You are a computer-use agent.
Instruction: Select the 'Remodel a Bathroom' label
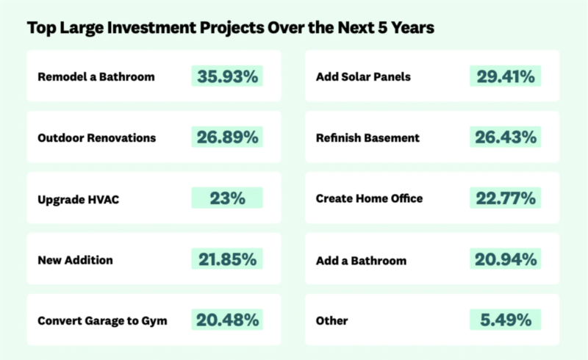point(96,76)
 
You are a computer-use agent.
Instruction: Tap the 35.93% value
point(226,76)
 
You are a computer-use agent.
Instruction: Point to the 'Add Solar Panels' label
point(363,76)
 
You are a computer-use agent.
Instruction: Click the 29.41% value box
point(504,76)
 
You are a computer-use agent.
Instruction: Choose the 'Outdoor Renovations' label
point(96,137)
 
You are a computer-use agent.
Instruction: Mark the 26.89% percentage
point(226,137)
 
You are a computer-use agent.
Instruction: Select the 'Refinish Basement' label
point(367,137)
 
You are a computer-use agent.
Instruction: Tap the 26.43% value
point(504,137)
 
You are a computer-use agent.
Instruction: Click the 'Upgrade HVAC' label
point(77,198)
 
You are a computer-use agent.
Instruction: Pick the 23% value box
point(226,198)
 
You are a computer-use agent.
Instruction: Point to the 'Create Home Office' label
point(369,198)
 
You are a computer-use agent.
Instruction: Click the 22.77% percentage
point(504,198)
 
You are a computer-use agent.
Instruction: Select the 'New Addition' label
point(76,259)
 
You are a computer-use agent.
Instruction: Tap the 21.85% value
point(226,259)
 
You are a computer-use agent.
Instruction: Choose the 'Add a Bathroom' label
point(361,260)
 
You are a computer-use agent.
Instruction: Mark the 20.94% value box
point(504,259)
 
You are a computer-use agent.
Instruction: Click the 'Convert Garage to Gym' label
point(102,320)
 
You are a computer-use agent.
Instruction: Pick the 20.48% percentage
point(226,320)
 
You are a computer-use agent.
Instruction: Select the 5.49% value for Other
point(504,320)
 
